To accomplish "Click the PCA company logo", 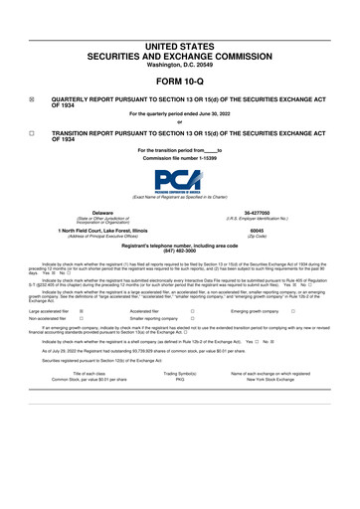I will pos(180,182).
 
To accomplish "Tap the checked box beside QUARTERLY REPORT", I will pos(31,99).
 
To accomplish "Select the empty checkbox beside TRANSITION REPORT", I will pos(31,132).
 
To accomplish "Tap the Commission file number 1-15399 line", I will pos(180,157).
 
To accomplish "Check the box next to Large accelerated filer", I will pos(81,310).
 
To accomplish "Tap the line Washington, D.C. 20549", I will pos(180,65).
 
